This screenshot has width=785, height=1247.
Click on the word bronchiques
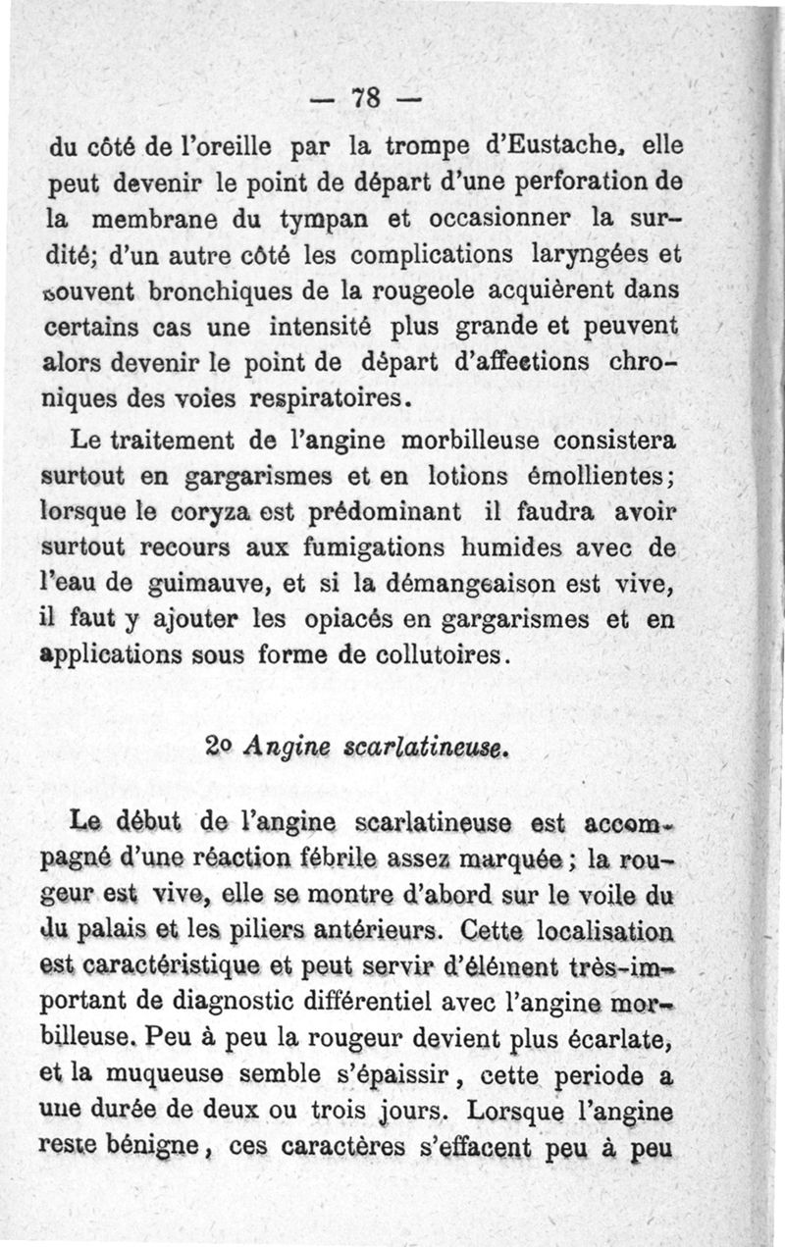click(x=183, y=291)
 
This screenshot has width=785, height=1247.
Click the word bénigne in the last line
click(x=161, y=1143)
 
